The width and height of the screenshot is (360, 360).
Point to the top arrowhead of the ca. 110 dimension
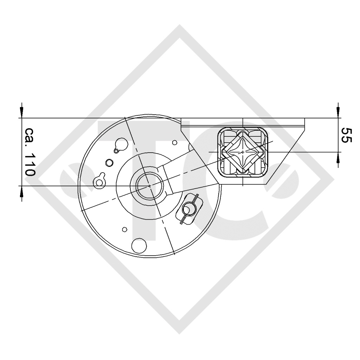(22, 112)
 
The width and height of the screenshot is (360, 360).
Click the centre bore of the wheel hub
(150, 185)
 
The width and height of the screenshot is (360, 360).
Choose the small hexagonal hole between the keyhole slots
(109, 162)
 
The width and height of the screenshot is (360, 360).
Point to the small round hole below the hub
(124, 230)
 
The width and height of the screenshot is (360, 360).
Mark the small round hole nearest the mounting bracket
(175, 142)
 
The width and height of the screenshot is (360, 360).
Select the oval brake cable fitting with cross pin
(189, 208)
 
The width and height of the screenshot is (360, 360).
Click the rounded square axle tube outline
(243, 151)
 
